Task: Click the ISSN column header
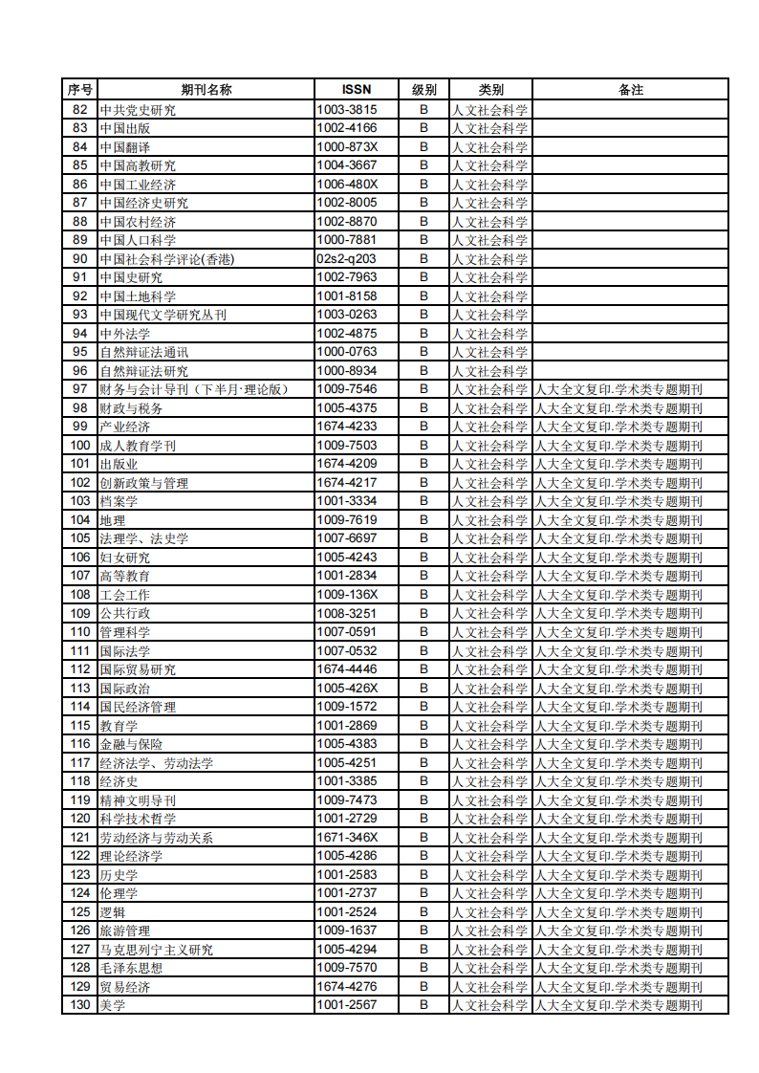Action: (x=356, y=90)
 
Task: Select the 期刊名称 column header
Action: (x=206, y=90)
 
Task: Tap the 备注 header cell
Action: (x=630, y=90)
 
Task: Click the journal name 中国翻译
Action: (x=125, y=147)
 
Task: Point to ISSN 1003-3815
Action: (x=347, y=110)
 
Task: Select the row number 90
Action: (x=80, y=259)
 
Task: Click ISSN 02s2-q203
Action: (x=347, y=259)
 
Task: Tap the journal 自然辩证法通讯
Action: (x=144, y=352)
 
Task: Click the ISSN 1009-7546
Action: (x=347, y=389)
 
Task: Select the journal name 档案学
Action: (x=119, y=501)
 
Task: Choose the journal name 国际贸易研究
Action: (x=138, y=669)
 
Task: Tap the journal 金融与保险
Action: (x=131, y=744)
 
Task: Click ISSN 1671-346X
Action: (x=347, y=837)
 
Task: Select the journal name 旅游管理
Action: (x=125, y=931)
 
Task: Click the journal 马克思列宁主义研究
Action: (x=157, y=950)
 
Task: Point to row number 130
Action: (x=80, y=1005)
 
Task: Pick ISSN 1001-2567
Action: (x=347, y=1005)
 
